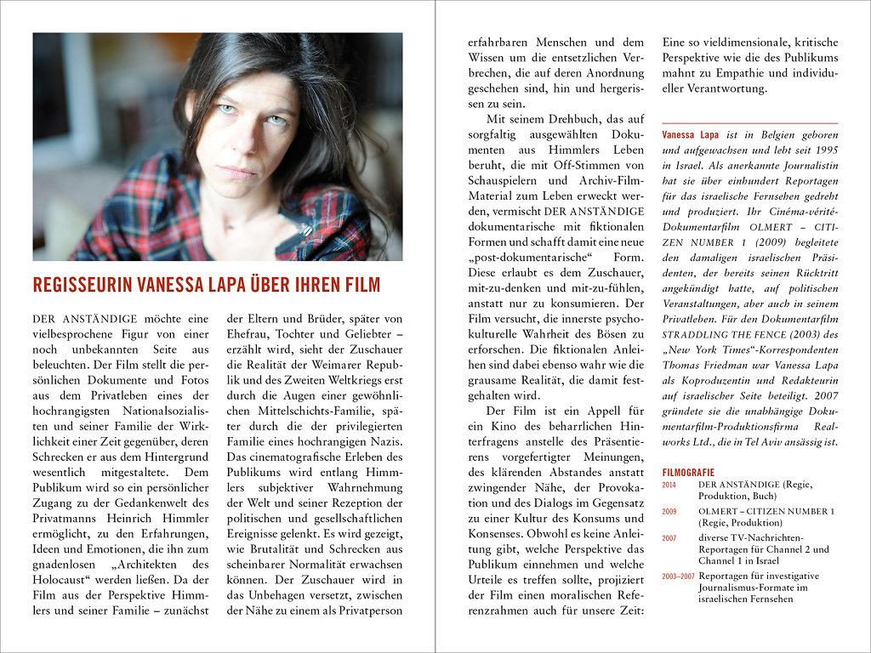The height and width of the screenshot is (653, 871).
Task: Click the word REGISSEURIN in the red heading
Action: [x=76, y=284]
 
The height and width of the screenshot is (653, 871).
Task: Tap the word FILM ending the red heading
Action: [x=363, y=284]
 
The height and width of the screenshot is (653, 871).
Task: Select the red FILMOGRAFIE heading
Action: [x=688, y=473]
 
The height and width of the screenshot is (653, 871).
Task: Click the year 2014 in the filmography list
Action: [x=669, y=485]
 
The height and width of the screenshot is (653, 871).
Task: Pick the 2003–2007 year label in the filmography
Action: [x=676, y=576]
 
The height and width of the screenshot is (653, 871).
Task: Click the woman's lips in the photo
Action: [x=237, y=173]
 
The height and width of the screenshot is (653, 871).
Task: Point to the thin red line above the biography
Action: [x=749, y=124]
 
